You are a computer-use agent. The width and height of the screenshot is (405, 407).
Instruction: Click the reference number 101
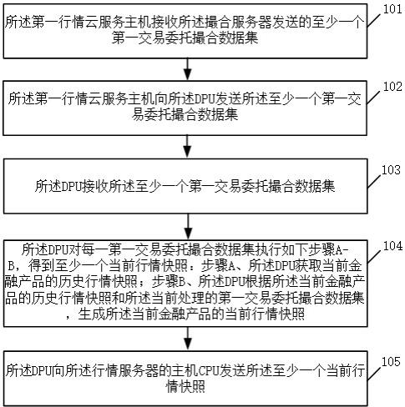[x=392, y=9]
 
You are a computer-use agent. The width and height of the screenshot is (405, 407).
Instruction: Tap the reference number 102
[x=392, y=87]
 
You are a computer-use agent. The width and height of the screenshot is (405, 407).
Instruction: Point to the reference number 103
[x=391, y=169]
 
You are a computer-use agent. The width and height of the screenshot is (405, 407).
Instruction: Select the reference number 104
[x=392, y=246]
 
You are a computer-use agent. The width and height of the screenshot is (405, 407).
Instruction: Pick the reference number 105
[x=391, y=361]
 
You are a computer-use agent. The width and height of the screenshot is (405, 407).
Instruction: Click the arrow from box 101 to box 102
[x=188, y=69]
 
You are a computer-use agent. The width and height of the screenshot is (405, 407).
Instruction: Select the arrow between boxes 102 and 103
[x=188, y=147]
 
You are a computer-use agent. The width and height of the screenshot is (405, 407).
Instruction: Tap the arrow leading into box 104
[x=188, y=227]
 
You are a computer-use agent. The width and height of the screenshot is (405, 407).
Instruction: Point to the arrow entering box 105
[x=188, y=339]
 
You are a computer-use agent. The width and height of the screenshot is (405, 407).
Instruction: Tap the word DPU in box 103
[x=71, y=186]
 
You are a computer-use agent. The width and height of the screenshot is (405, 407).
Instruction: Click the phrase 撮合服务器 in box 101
[x=239, y=23]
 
